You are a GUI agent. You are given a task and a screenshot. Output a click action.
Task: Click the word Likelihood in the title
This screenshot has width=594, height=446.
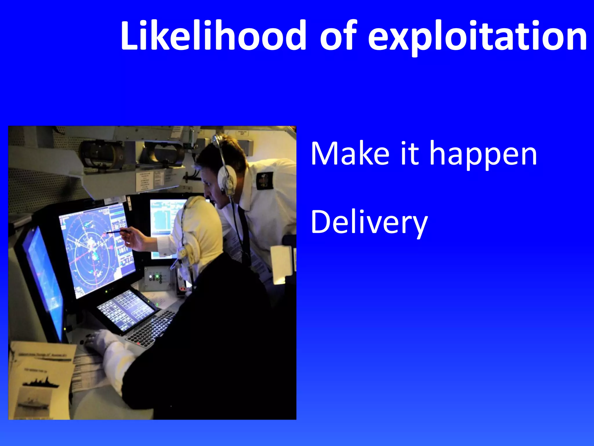pos(213,35)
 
